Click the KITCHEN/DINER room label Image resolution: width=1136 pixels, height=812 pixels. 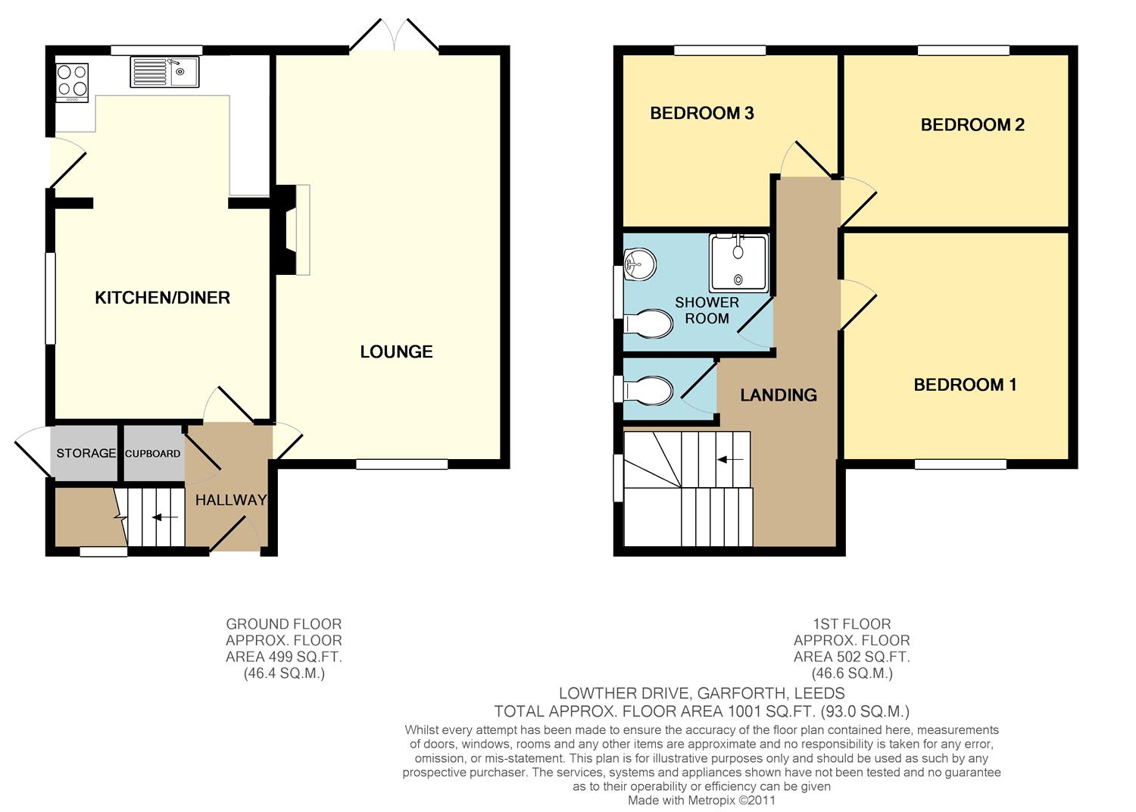pos(162,298)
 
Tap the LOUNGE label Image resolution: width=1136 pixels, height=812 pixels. pos(396,352)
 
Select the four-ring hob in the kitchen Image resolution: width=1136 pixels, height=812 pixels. pos(73,82)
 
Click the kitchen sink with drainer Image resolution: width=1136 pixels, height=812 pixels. pos(164,72)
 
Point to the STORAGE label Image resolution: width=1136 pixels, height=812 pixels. pos(86,453)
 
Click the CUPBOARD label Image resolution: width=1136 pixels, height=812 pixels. pos(153,454)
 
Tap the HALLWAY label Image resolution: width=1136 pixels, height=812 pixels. pos(231,500)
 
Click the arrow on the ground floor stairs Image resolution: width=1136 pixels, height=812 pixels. pos(165,517)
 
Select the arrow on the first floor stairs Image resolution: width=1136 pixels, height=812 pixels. pos(730,460)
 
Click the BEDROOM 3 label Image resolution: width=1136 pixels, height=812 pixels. pos(702,113)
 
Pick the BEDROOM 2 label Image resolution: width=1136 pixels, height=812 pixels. pos(972,125)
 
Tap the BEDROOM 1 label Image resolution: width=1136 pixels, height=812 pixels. pos(965,385)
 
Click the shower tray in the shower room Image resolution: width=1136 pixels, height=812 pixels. pos(739,264)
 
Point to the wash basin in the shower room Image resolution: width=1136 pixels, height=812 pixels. pos(640,264)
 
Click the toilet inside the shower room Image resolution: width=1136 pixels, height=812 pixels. pos(648,323)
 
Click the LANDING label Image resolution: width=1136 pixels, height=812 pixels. pos(779,395)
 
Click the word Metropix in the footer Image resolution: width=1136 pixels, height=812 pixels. pos(710,801)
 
